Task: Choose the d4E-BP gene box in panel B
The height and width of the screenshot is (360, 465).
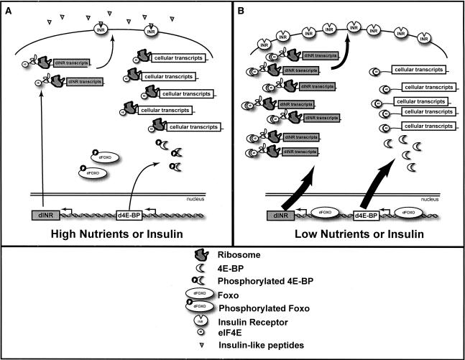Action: [x=368, y=214]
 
